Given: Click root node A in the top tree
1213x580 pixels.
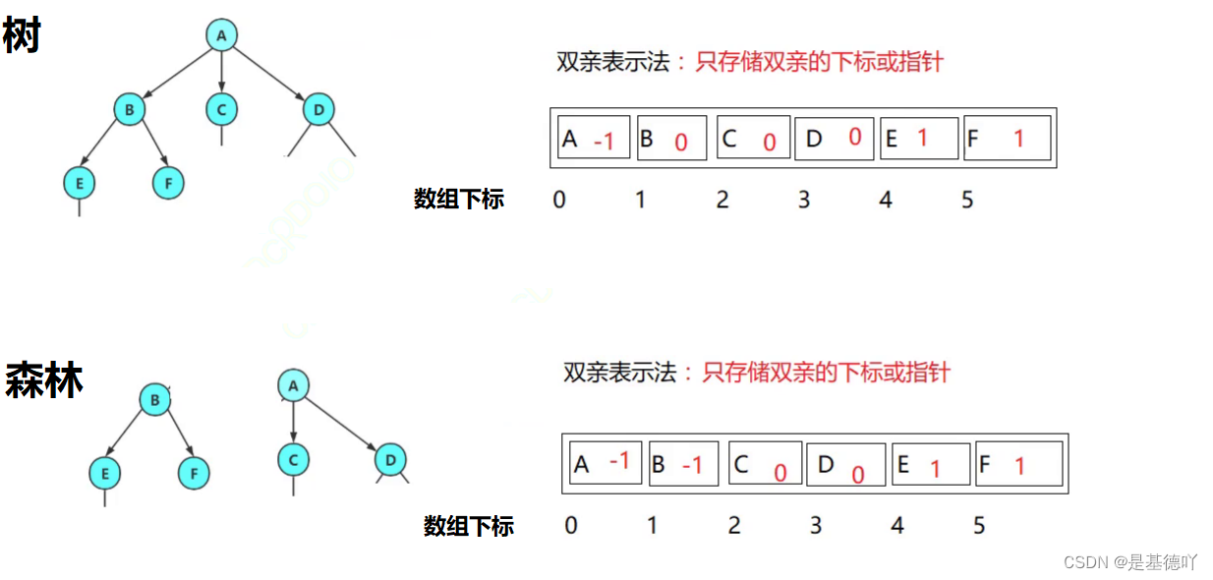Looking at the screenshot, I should click(221, 35).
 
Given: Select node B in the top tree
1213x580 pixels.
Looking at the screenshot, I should click(129, 108).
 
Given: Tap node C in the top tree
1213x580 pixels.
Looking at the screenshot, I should click(222, 108).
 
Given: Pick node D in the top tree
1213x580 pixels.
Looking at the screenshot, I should click(318, 108).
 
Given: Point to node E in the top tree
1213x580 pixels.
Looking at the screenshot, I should click(78, 183).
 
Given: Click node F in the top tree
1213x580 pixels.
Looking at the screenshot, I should click(168, 183).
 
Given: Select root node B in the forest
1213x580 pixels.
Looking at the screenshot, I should click(154, 399).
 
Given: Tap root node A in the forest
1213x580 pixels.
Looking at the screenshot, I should click(293, 385).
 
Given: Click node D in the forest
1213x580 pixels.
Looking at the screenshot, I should click(390, 458).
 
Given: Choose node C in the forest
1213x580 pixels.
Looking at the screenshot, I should click(293, 458).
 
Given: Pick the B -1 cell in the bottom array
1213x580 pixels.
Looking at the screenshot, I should click(683, 463).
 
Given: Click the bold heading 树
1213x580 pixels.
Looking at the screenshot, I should click(22, 37).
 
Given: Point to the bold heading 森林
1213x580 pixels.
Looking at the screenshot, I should click(44, 380).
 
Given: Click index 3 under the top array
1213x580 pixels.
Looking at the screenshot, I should click(804, 201).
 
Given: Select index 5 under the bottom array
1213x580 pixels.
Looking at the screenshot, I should click(979, 526).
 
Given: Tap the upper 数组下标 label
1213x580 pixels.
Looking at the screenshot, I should click(459, 200).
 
